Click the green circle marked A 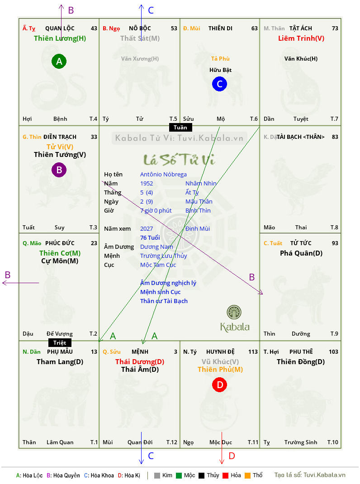pyautogui.click(x=59, y=61)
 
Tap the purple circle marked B pyautogui.click(x=59, y=170)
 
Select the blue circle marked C pyautogui.click(x=219, y=84)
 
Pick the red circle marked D pyautogui.click(x=219, y=385)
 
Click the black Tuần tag pyautogui.click(x=180, y=128)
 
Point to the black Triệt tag pyautogui.click(x=60, y=342)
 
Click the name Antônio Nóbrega pyautogui.click(x=163, y=175)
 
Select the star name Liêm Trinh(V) pyautogui.click(x=301, y=38)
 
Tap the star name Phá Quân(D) pyautogui.click(x=301, y=253)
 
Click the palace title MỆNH pyautogui.click(x=140, y=352)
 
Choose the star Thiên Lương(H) pyautogui.click(x=60, y=38)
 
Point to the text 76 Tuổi pyautogui.click(x=150, y=237)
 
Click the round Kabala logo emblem pyautogui.click(x=234, y=313)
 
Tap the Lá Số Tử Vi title pyautogui.click(x=180, y=159)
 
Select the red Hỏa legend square pyautogui.click(x=225, y=475)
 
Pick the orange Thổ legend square pyautogui.click(x=248, y=475)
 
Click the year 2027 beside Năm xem pyautogui.click(x=147, y=229)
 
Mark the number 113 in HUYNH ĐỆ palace pyautogui.click(x=253, y=352)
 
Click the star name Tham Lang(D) pyautogui.click(x=60, y=362)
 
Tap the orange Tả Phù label pyautogui.click(x=220, y=59)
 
